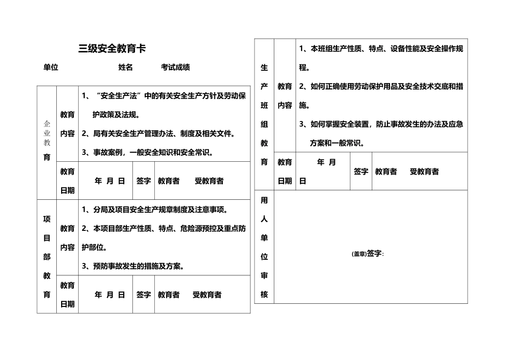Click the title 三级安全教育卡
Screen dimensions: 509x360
coord(112,49)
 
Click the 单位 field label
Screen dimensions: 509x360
coord(50,67)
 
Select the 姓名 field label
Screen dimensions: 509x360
coord(125,67)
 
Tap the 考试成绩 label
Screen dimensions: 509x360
coord(175,67)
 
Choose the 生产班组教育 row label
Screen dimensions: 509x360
coord(264,115)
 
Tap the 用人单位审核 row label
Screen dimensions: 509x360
coord(264,247)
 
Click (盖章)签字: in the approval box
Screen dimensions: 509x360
coord(368,253)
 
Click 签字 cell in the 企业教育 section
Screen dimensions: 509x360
coord(143,181)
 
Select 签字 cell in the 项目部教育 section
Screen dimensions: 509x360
coord(143,295)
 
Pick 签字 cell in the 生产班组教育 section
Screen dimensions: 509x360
coord(361,171)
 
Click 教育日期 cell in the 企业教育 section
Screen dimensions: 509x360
coord(68,181)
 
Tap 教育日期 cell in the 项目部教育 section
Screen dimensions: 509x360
coord(68,295)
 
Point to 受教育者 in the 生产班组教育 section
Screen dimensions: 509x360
coord(424,171)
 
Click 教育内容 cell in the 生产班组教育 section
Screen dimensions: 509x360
coord(285,96)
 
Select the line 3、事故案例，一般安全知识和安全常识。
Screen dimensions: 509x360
coord(148,152)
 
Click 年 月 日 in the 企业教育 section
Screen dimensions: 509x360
coord(109,181)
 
